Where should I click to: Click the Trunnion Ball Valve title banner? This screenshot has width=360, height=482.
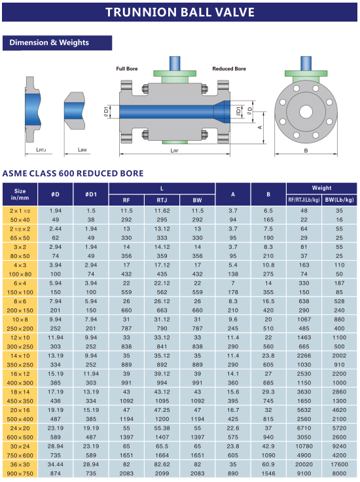coord(180,12)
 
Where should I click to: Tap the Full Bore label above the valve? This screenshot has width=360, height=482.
coord(127,69)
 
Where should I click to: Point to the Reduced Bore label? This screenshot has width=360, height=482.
coord(229,69)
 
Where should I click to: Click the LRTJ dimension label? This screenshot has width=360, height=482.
coord(41,150)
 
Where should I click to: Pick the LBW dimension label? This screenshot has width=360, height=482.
coord(82,150)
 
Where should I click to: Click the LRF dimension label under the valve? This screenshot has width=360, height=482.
coord(175,151)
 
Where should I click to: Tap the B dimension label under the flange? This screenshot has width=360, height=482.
coord(306,151)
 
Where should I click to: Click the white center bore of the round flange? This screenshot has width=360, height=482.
coord(306,112)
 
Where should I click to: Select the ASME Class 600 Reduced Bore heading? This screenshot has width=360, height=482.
coord(73,174)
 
